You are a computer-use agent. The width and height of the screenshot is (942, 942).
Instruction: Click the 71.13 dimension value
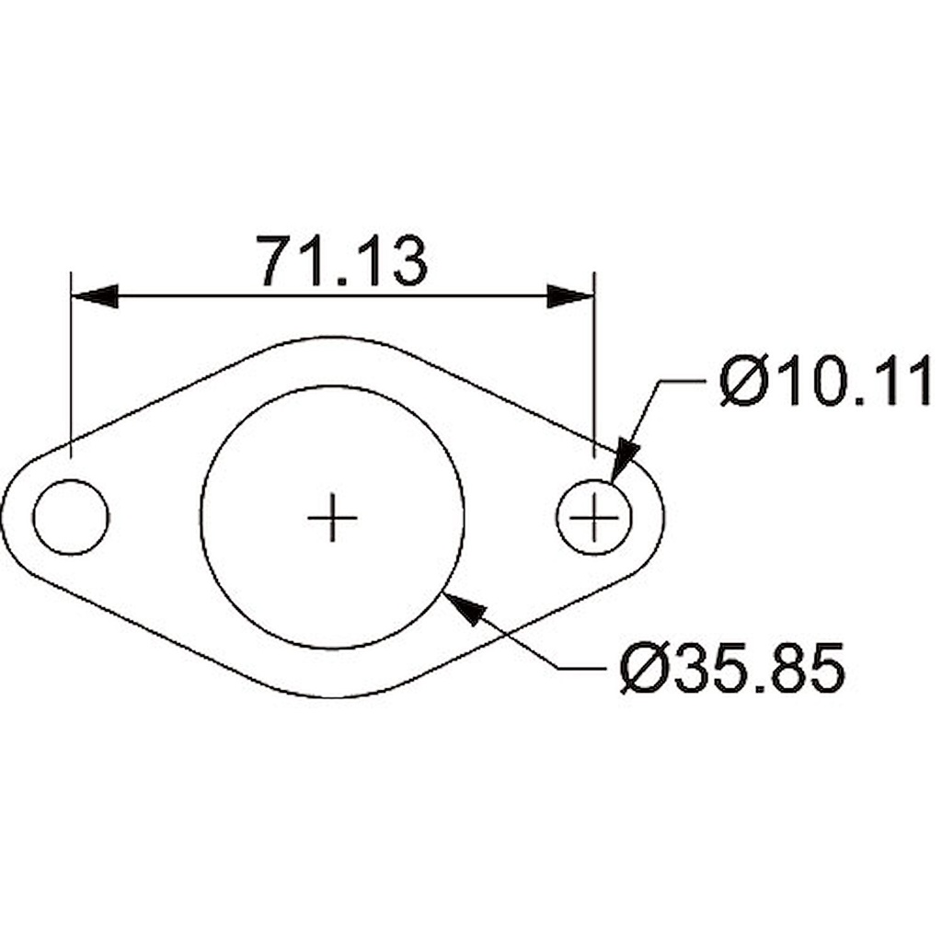pos(341,261)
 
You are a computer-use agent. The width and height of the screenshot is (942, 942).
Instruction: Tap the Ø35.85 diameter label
pos(731,669)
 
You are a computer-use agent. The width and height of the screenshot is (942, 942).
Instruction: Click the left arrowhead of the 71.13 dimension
pos(95,296)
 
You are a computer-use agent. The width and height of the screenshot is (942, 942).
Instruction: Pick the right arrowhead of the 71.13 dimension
pos(570,296)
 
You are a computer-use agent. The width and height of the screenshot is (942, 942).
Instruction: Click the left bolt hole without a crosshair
pos(71,517)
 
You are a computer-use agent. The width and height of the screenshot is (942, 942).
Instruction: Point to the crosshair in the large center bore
pos(332,518)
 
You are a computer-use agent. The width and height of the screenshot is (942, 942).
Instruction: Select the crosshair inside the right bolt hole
pos(594,518)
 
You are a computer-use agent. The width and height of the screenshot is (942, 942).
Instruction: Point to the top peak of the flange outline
pos(333,337)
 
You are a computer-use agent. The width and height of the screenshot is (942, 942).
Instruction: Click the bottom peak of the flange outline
pos(333,697)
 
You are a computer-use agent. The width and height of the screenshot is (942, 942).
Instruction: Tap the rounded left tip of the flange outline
pos(4,517)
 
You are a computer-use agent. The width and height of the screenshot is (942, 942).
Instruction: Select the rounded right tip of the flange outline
pos(662,517)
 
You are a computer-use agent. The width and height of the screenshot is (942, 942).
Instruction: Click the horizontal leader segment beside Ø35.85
pos(584,669)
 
